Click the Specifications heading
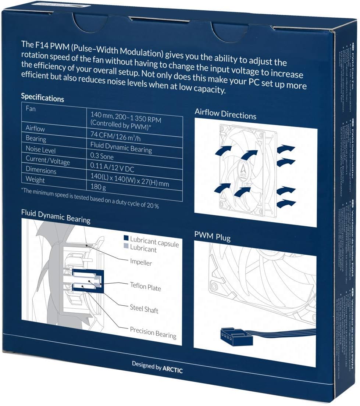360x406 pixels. click(42, 97)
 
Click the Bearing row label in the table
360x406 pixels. click(36, 139)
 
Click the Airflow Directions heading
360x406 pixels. click(225, 114)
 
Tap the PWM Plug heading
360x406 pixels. click(213, 236)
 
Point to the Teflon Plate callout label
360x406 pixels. click(145, 287)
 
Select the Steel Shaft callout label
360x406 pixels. click(144, 309)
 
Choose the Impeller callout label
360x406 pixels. click(140, 262)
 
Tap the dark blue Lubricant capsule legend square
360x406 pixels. click(126, 238)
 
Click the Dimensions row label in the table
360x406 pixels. click(41, 170)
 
